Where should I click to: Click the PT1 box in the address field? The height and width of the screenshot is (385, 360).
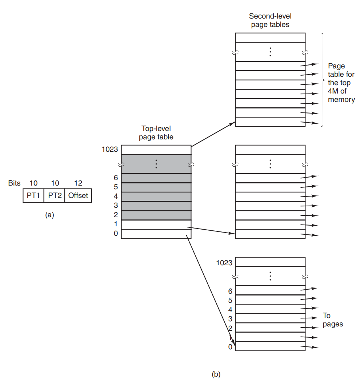(x=33, y=195)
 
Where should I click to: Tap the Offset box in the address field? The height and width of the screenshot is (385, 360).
(x=78, y=195)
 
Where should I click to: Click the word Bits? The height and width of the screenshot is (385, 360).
(x=14, y=183)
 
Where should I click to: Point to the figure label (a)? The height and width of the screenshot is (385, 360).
(x=49, y=215)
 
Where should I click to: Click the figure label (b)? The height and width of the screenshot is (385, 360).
(x=216, y=374)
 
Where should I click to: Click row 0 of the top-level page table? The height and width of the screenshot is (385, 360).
(x=156, y=234)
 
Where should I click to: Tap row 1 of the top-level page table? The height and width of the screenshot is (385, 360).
(x=156, y=225)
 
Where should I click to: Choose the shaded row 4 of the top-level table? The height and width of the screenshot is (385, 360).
(x=156, y=197)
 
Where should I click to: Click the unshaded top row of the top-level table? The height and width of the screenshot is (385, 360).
(x=156, y=150)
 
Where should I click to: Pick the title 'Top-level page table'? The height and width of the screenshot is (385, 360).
(x=156, y=133)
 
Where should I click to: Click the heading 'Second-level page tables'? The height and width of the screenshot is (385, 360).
(x=270, y=20)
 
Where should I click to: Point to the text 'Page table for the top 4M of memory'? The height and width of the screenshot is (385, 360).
(x=341, y=83)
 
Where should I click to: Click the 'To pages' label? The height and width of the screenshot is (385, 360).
(x=332, y=320)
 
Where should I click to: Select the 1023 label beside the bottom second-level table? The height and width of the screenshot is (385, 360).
(x=224, y=262)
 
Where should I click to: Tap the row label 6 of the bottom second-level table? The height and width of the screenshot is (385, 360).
(x=230, y=291)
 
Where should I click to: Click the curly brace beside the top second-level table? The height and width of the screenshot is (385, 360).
(x=323, y=80)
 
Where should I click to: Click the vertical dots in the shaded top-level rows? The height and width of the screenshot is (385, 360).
(x=156, y=164)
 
